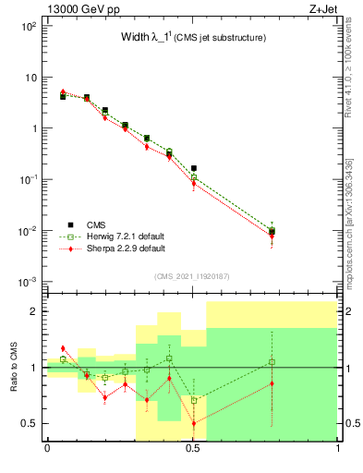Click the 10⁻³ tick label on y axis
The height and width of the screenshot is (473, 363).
(29, 281)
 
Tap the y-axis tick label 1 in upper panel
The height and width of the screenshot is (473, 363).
(33, 128)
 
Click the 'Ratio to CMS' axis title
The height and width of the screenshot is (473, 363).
(14, 367)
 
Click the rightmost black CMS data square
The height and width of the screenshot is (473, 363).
(272, 231)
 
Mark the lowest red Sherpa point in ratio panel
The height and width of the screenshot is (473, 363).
(194, 423)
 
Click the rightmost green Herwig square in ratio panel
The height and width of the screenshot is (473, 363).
(272, 361)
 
